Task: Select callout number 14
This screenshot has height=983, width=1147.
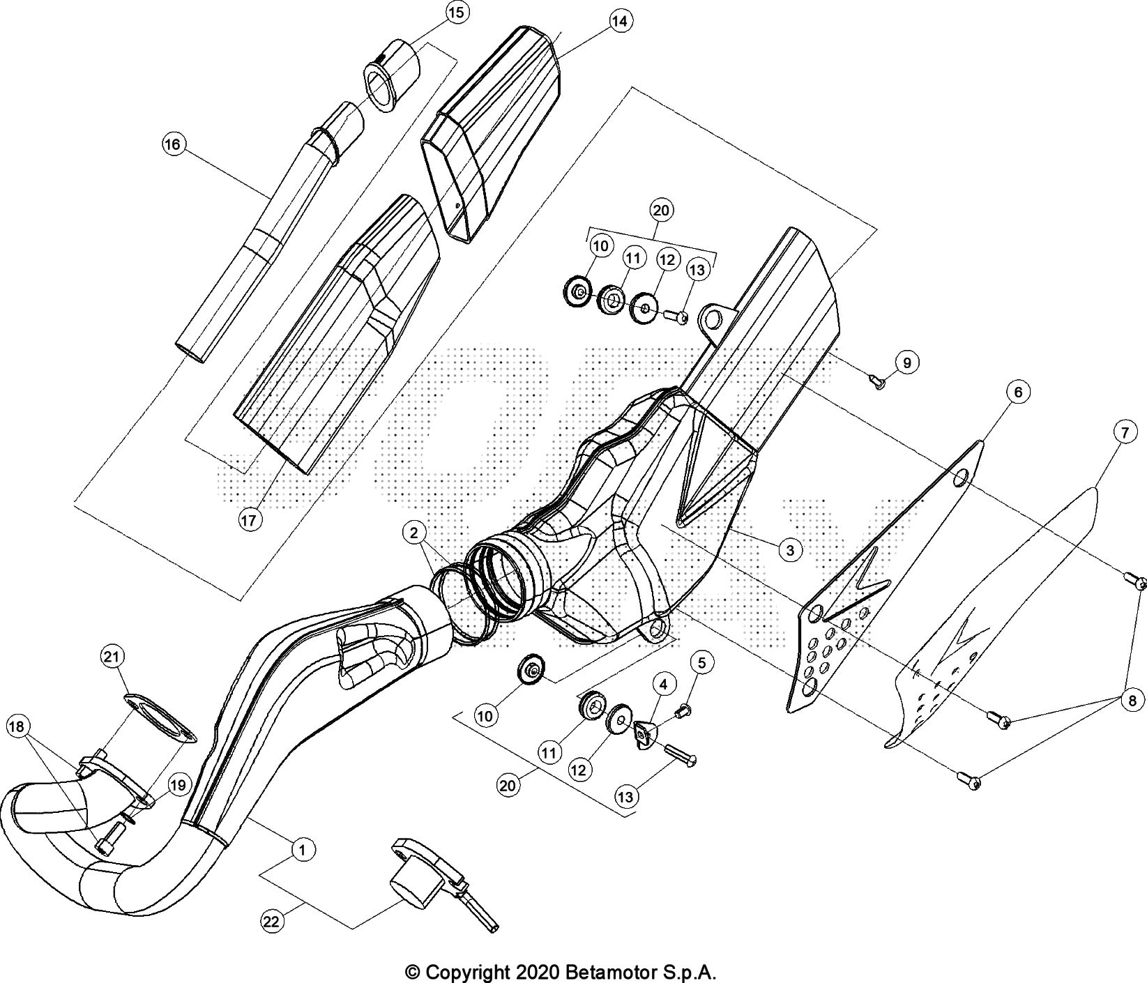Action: (x=618, y=22)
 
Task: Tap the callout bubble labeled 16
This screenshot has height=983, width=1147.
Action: (x=172, y=145)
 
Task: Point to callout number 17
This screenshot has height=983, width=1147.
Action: (x=250, y=519)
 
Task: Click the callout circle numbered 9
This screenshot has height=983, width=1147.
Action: (x=907, y=363)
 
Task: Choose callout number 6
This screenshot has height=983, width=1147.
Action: (x=1018, y=393)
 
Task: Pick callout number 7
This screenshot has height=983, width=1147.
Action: (x=1125, y=433)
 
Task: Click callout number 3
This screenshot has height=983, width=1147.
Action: (x=790, y=551)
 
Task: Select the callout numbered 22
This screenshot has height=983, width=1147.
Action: (x=272, y=922)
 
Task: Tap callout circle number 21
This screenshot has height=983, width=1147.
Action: (x=112, y=656)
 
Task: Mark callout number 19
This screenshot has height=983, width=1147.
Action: (x=178, y=785)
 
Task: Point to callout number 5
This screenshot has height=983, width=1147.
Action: (x=702, y=663)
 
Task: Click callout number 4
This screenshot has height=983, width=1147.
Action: (x=664, y=685)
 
